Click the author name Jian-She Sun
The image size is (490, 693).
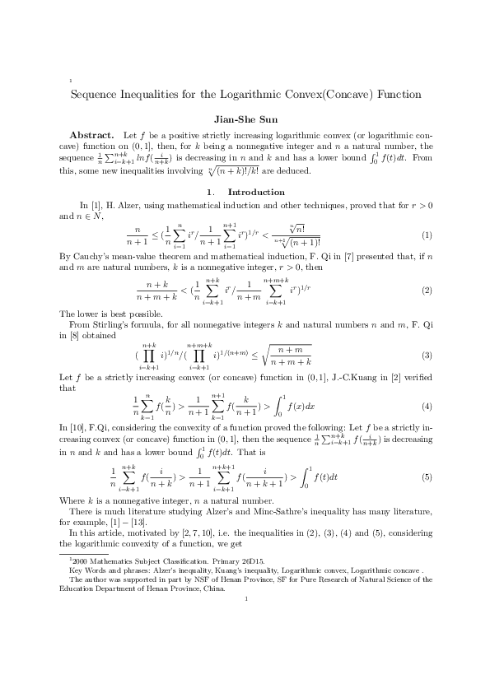click(x=245, y=119)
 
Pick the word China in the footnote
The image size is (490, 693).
click(x=214, y=635)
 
